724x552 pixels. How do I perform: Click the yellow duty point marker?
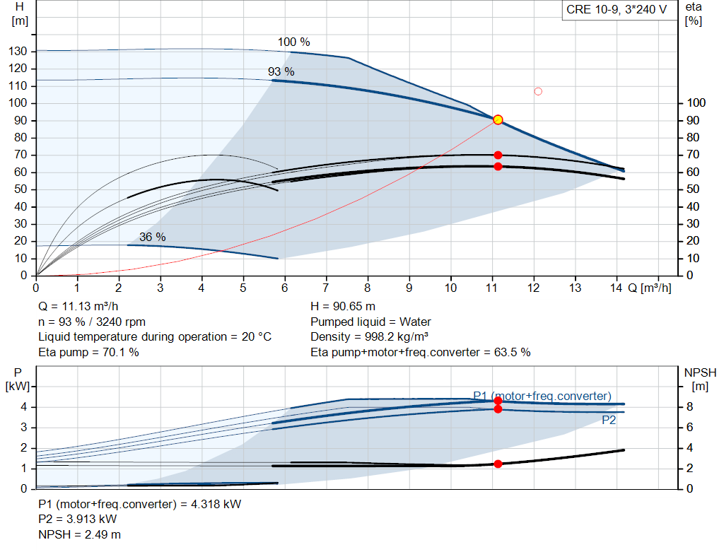coord(498,119)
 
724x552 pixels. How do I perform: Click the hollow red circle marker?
coord(538,91)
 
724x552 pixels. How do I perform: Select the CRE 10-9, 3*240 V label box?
coord(617,10)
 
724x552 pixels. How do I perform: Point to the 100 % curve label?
coord(293,42)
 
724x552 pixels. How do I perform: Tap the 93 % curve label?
coord(281,71)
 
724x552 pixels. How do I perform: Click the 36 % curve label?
coord(153,237)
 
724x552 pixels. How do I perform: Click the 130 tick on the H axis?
coord(18,51)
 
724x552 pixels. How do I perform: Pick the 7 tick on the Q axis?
coord(326,288)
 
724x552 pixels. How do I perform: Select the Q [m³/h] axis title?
coord(650,288)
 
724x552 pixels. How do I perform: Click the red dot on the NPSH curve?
coord(498,464)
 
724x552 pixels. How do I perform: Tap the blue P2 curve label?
coord(609,420)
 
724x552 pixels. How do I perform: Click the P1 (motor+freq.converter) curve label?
coord(542,396)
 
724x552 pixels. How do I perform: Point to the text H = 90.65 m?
coord(343,307)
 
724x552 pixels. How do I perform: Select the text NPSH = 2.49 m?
coord(79,534)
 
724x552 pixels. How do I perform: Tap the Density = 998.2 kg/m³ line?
coord(369,337)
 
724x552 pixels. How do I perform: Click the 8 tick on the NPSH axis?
coord(689,406)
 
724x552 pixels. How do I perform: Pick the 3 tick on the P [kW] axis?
coord(24,428)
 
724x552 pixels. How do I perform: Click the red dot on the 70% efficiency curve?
coord(498,155)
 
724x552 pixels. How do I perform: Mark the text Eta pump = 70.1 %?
coord(88,353)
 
